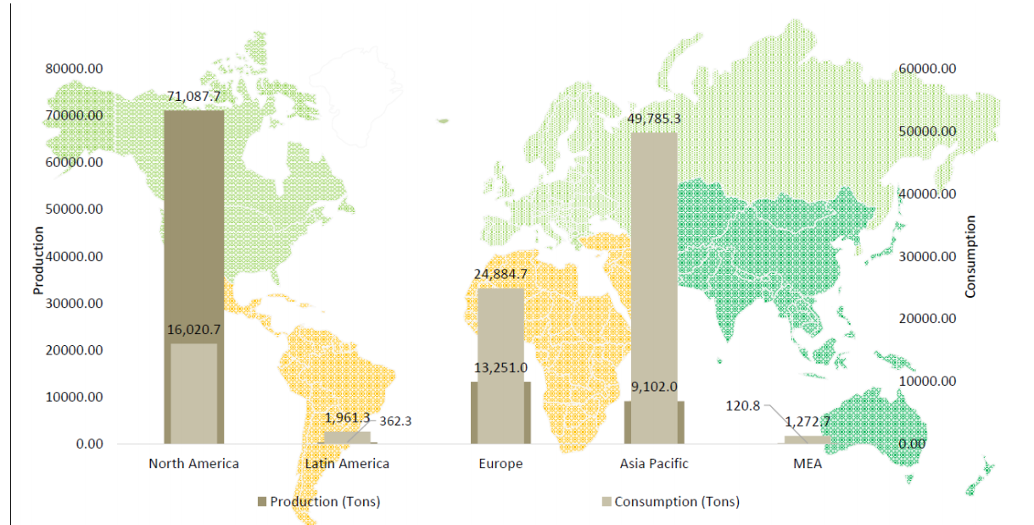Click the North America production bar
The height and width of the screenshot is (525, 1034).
tap(193, 221)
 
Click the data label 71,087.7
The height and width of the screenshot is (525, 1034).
tap(193, 97)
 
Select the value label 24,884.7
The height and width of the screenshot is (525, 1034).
tap(500, 275)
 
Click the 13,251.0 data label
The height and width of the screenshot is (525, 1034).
tap(500, 367)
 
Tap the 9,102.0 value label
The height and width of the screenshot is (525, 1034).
tap(653, 387)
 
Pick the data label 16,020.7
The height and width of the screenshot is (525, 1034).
tap(193, 330)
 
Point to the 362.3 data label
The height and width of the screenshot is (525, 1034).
tap(395, 420)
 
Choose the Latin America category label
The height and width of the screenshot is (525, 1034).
tap(347, 464)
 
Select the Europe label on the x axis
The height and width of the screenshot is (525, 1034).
tap(500, 464)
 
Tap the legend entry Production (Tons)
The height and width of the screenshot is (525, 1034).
tap(318, 501)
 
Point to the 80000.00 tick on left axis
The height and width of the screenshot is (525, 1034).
tap(74, 69)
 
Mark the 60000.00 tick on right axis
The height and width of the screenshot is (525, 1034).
tap(927, 69)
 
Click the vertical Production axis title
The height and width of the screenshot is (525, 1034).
tap(38, 261)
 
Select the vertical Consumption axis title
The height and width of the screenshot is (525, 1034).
tap(971, 257)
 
